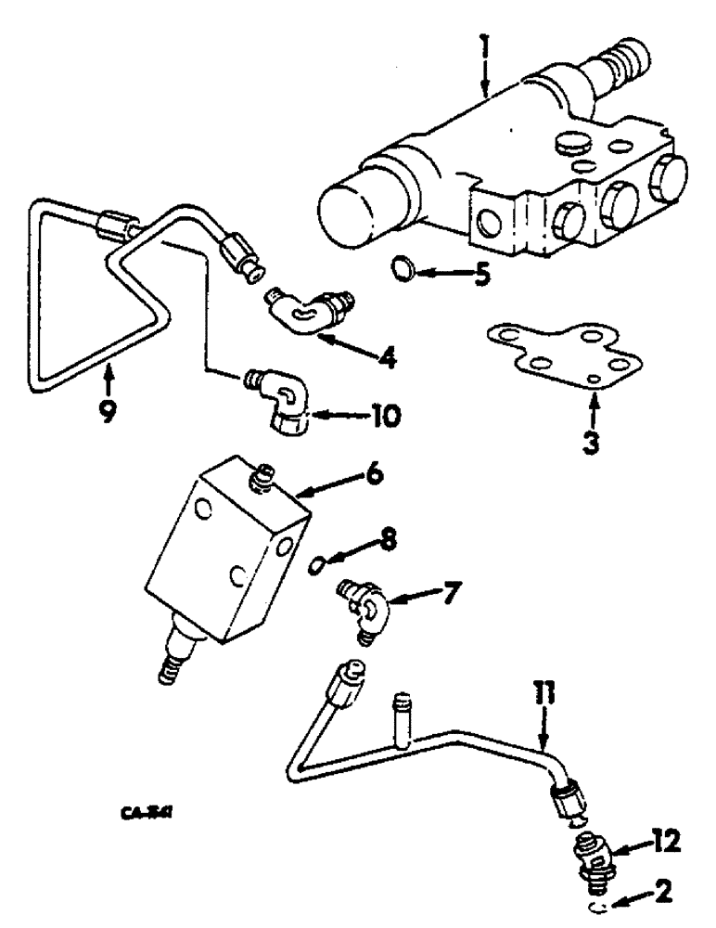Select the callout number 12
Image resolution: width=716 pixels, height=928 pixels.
665,841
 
